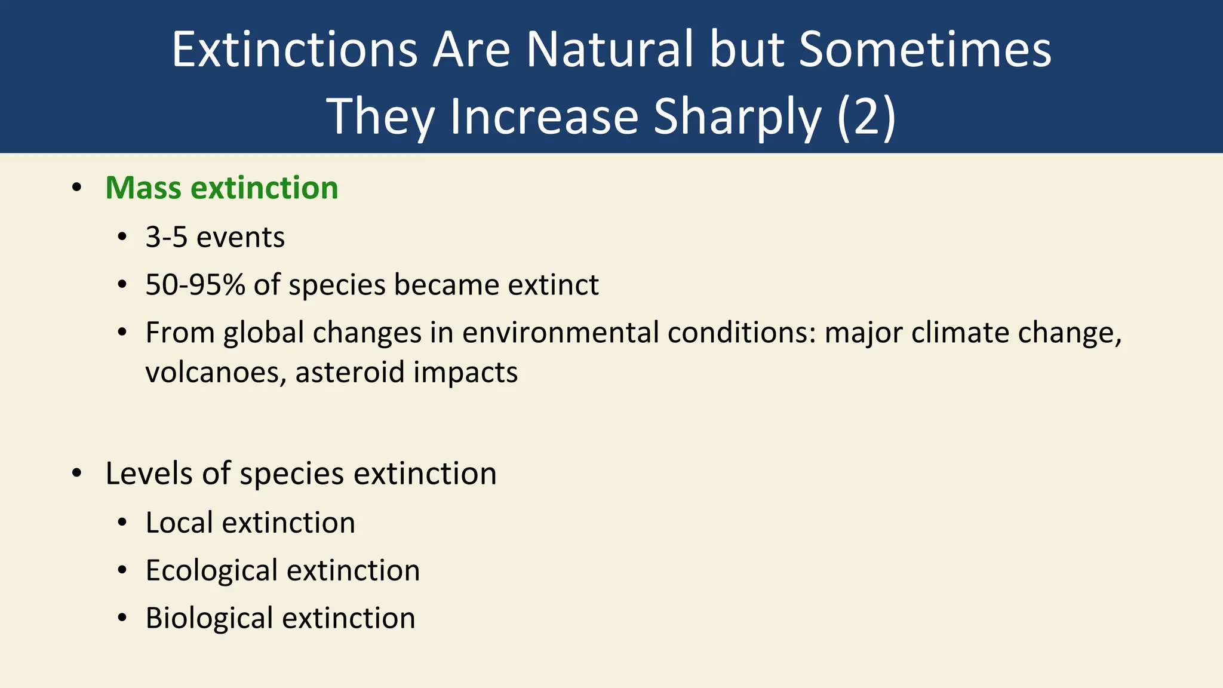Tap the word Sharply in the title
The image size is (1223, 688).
coord(737,117)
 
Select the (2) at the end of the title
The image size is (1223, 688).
coord(866,117)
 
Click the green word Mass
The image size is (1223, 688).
coord(143,188)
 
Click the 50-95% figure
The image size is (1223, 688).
coord(195,284)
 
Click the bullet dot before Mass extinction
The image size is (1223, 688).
coord(76,188)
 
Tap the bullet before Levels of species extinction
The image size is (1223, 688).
coord(76,474)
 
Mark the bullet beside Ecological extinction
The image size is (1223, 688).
coord(122,570)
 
